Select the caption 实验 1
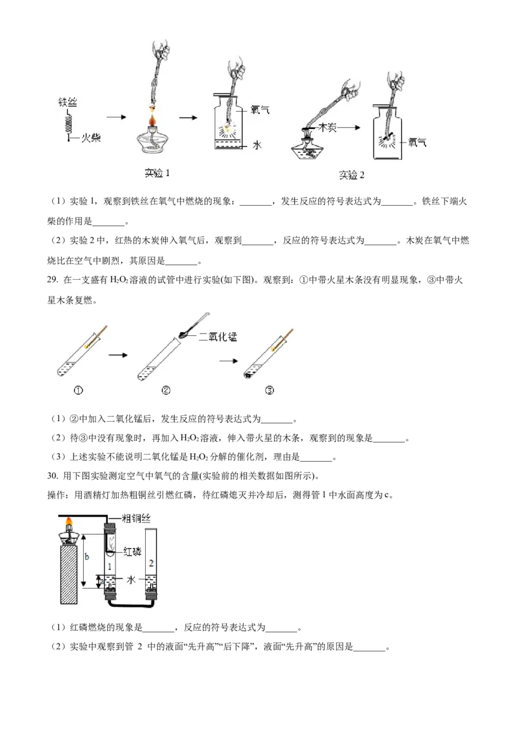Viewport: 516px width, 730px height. point(157,173)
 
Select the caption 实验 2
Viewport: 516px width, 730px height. point(352,175)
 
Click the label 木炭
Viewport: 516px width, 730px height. point(328,129)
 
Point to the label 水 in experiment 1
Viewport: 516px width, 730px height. point(257,146)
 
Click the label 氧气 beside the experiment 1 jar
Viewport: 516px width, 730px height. point(260,110)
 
